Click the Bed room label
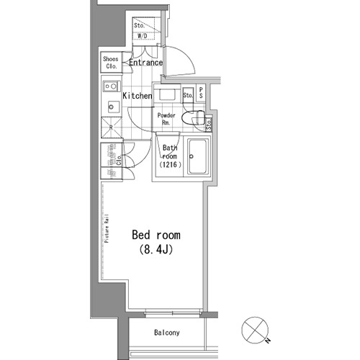tap(156, 235)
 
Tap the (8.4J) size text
tap(156, 250)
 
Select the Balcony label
tap(167, 333)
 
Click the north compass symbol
tap(254, 329)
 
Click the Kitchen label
tap(137, 96)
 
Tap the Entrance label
tap(145, 63)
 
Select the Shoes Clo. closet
tap(111, 63)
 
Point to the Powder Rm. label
tap(166, 119)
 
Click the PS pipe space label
tap(201, 94)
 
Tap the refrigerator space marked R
tap(110, 129)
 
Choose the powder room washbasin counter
tap(167, 96)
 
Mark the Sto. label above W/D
tap(140, 26)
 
